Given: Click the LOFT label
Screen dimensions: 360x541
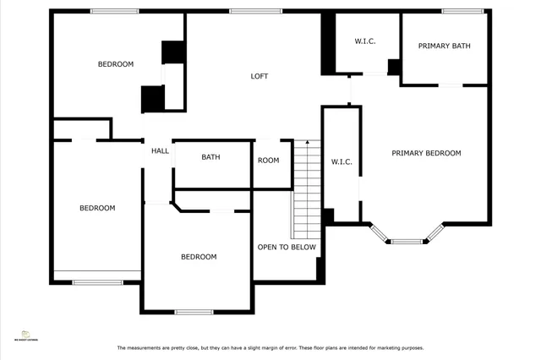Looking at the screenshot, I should coord(260,76).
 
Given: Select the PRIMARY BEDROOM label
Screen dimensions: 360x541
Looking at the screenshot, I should coord(426,153).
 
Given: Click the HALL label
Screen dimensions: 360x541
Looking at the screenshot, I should coord(160,151).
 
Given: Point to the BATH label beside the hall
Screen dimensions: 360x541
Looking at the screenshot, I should coord(210,157).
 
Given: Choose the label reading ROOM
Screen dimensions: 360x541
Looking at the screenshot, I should coord(269,161).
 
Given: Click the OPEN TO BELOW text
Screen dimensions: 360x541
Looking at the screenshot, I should coord(287,247).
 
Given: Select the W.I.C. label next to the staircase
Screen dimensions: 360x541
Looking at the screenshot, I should coord(342,161).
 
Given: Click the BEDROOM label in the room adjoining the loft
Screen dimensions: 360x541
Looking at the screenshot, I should coord(116,64).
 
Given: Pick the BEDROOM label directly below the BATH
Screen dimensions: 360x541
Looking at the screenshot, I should coord(199,257).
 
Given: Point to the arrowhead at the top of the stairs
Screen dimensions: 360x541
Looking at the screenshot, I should coord(308,142).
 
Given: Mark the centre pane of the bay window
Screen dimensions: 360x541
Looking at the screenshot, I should coord(407,242).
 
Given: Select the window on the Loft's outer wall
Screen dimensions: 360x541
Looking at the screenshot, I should coord(243,11).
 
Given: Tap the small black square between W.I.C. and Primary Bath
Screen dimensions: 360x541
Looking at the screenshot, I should coord(393,67).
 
